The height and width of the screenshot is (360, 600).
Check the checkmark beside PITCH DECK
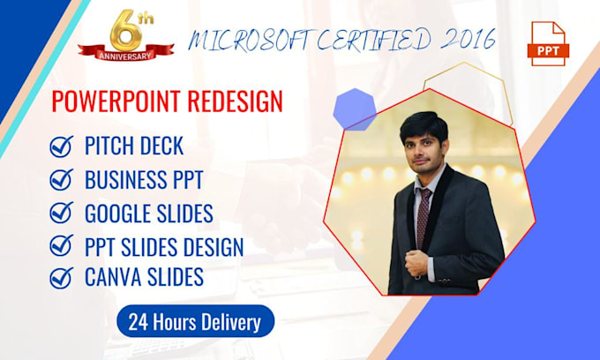tap(62, 146)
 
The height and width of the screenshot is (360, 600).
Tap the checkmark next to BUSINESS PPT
tap(62, 180)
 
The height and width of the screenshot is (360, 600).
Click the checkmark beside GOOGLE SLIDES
tap(62, 214)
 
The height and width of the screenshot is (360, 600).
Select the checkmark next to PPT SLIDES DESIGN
tap(62, 246)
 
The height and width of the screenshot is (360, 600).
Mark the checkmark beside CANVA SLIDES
tap(62, 278)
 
